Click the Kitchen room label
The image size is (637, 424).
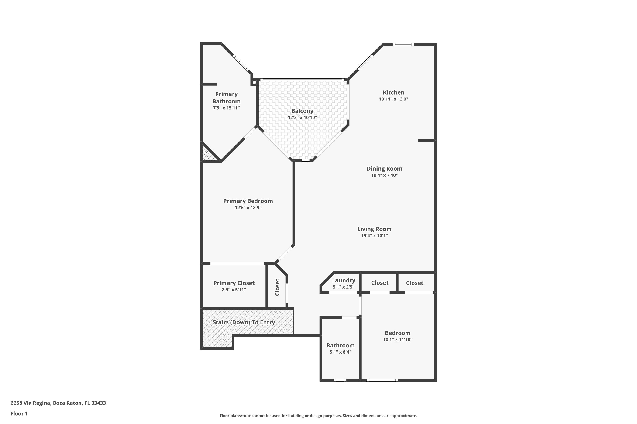tap(393, 92)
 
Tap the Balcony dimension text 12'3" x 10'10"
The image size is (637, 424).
tap(302, 117)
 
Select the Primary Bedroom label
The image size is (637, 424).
tap(248, 201)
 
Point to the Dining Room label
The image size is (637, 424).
tap(384, 169)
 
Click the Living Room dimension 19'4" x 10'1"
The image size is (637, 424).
tap(374, 236)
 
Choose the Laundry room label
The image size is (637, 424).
tap(343, 280)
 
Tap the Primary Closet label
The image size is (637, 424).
tap(234, 283)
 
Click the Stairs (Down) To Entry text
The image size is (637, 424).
tap(244, 322)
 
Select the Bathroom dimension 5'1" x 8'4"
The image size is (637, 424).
tap(340, 352)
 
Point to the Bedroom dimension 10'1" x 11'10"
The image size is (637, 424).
tap(397, 340)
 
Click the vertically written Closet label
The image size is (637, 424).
tap(277, 287)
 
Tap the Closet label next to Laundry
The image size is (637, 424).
tap(379, 283)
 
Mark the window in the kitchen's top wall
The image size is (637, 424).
tap(403, 45)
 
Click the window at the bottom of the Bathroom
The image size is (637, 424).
tap(340, 380)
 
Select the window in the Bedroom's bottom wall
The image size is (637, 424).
tap(382, 380)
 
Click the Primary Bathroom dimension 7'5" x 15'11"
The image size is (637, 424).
tap(226, 108)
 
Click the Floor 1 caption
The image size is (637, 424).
tap(19, 413)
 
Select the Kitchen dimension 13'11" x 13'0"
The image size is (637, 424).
tap(393, 99)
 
